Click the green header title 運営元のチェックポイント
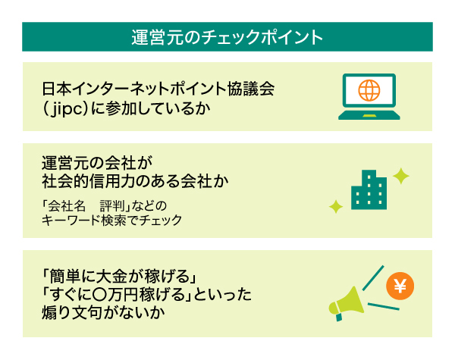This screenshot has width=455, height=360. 227,37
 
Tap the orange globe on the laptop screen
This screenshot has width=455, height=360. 369,90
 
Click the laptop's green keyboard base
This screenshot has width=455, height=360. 369,115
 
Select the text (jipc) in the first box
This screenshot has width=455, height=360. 65,108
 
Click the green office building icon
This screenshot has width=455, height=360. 369,189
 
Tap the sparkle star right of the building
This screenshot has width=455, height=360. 401,176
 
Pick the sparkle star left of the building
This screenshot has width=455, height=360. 336,207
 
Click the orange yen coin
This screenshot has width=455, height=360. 400,286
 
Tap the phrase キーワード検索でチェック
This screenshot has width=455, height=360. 111,221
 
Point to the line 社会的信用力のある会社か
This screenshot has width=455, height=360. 135,181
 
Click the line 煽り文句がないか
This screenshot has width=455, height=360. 103,312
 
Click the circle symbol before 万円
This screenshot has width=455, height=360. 99,295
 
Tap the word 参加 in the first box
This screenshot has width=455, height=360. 121,108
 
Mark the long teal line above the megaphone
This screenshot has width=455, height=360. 373,278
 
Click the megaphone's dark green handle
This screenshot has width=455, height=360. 339,317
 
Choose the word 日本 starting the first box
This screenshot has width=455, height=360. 57,89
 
